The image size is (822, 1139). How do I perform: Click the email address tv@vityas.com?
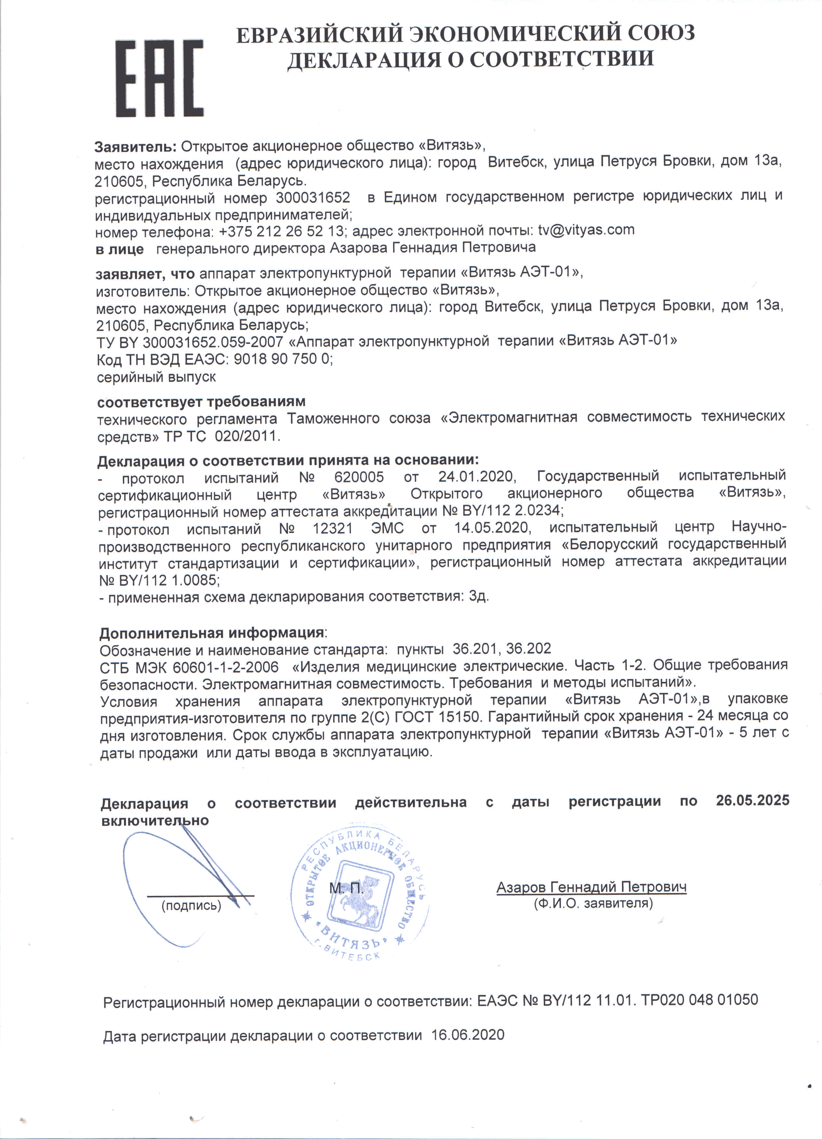(586, 230)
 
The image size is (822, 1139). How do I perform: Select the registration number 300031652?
(312, 197)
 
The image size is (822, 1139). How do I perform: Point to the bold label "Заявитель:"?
(136, 147)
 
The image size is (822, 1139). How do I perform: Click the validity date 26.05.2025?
(752, 800)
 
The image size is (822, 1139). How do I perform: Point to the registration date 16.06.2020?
(467, 1035)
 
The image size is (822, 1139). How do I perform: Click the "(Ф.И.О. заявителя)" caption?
(593, 903)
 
